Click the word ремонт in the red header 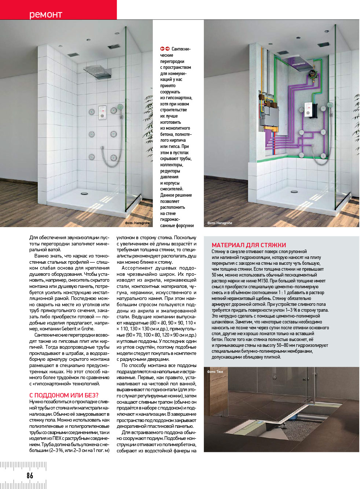pos(45,14)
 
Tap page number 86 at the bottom pos(30,475)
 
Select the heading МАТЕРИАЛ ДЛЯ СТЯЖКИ pos(249,245)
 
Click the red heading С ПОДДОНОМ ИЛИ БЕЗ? pos(64,395)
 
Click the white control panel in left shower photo pos(102,112)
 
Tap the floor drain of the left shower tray pos(84,193)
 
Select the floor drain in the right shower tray pos(294,191)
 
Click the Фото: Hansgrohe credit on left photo pos(137,223)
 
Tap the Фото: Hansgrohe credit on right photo pos(220,223)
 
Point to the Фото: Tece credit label pos(215,372)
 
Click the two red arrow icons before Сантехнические pos(165,49)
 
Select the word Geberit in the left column pos(69,329)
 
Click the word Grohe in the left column pos(88,329)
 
